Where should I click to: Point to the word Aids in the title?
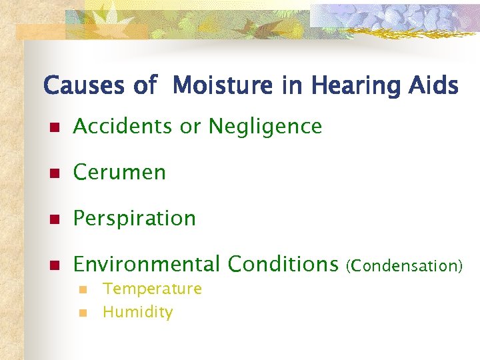pyautogui.click(x=434, y=86)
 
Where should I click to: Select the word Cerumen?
pyautogui.click(x=119, y=172)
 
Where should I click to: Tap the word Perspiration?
pyautogui.click(x=134, y=219)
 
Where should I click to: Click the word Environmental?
pyautogui.click(x=146, y=265)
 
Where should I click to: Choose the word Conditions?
pyautogui.click(x=283, y=265)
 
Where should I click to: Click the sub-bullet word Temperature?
pyautogui.click(x=152, y=289)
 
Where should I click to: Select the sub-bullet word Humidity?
pyautogui.click(x=137, y=312)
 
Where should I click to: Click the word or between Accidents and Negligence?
pyautogui.click(x=192, y=127)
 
